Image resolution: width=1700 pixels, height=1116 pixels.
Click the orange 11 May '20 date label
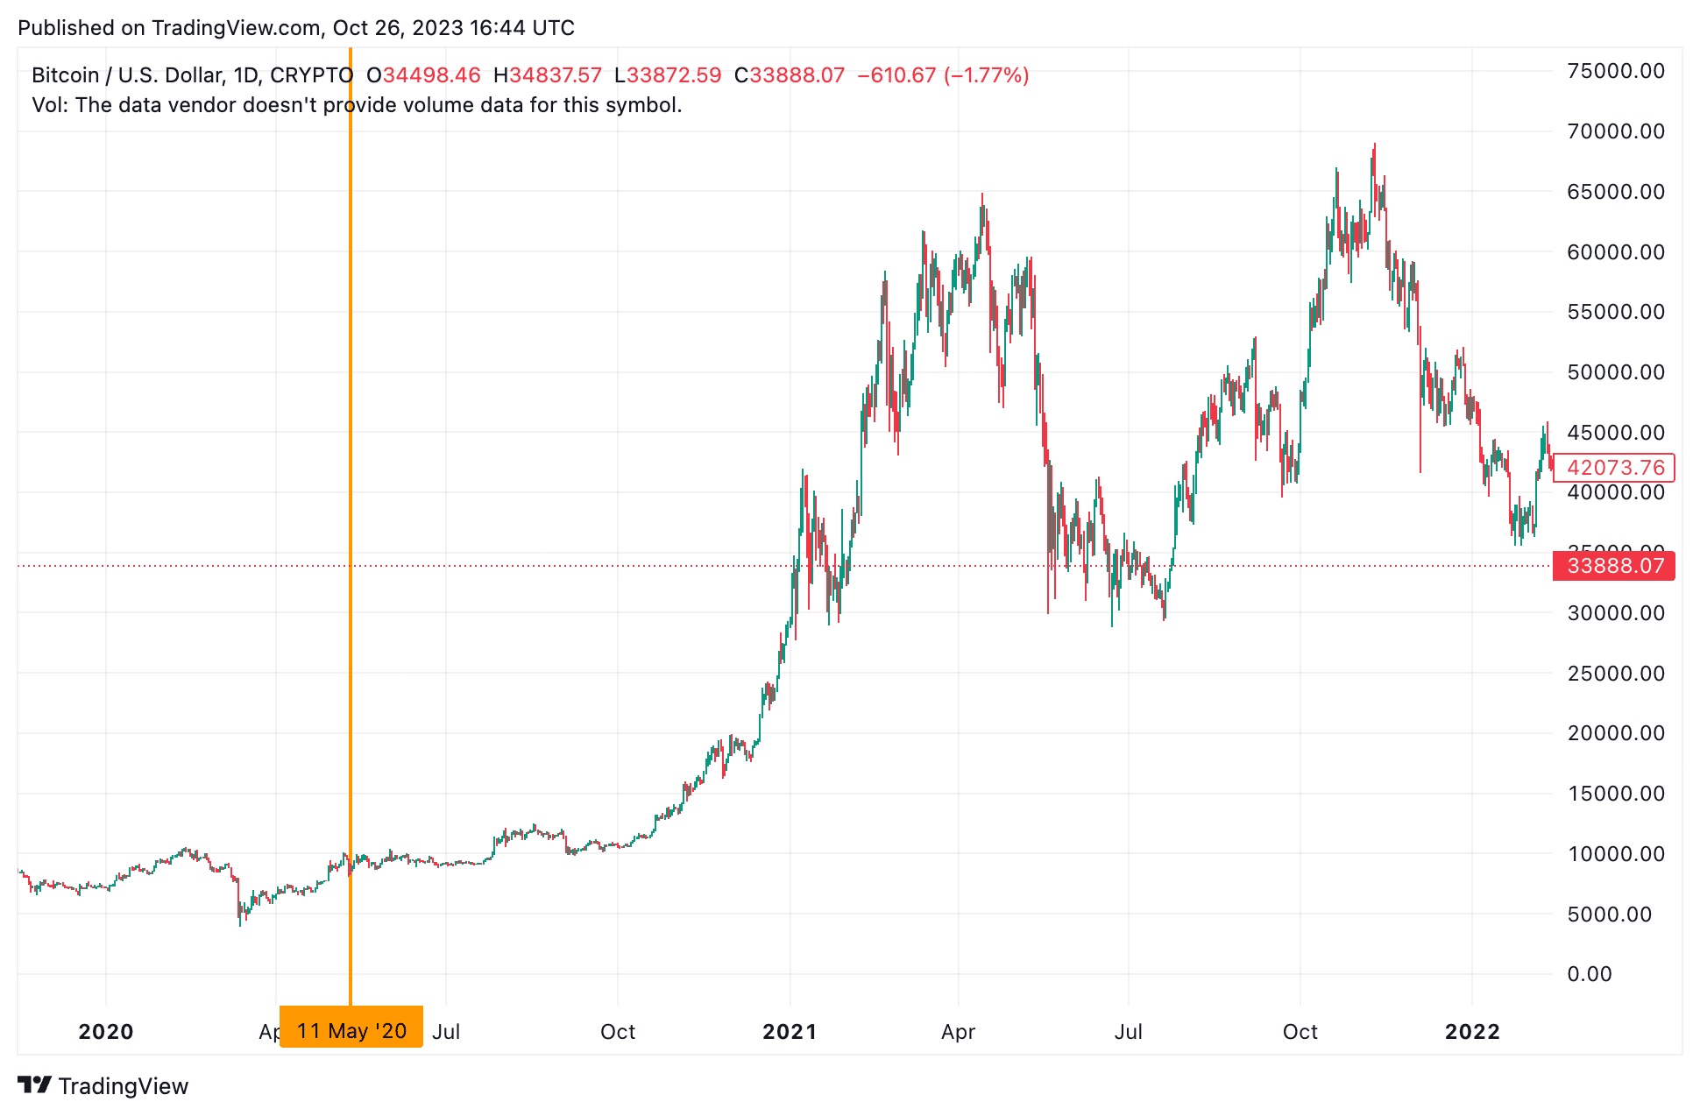[351, 1030]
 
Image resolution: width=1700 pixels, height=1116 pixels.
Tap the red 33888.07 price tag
[1613, 566]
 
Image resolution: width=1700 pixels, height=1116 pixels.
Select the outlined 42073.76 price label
[1613, 468]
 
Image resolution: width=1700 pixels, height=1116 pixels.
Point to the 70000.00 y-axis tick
[1615, 131]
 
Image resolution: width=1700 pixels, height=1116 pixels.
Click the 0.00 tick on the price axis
[1589, 974]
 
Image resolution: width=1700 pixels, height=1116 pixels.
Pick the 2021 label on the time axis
[790, 1032]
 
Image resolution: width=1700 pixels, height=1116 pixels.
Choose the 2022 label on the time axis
[1472, 1032]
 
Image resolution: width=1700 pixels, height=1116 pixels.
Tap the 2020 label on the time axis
[106, 1032]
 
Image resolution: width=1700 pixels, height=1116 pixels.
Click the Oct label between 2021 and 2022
[1300, 1032]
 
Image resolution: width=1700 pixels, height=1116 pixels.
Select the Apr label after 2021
[958, 1032]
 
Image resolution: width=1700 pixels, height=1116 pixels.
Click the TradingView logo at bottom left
[103, 1086]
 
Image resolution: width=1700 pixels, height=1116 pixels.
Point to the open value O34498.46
[423, 75]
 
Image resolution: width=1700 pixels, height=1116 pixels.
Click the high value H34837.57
[548, 75]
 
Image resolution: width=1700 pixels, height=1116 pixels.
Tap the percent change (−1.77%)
[986, 75]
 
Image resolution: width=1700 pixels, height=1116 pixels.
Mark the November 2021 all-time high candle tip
[1375, 145]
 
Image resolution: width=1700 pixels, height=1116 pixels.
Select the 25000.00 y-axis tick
[1615, 673]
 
